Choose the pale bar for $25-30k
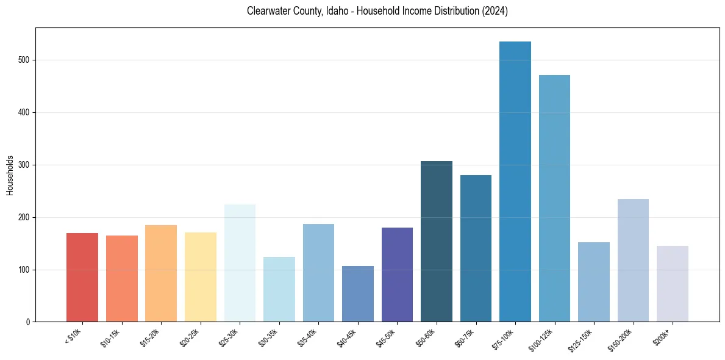pyautogui.click(x=240, y=263)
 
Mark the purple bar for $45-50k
pyautogui.click(x=397, y=275)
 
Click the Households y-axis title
pyautogui.click(x=10, y=175)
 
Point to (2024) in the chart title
pyautogui.click(x=494, y=12)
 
